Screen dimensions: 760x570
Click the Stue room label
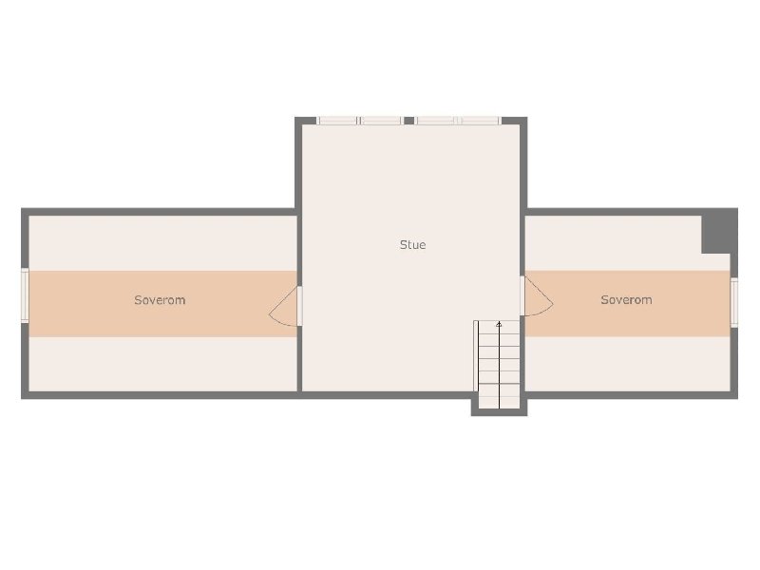412,245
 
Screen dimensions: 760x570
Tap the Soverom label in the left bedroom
160,300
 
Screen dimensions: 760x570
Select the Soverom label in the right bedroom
626,299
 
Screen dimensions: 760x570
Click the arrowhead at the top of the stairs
500,324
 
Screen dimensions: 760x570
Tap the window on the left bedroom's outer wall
25,294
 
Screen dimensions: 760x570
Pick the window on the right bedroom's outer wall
733,302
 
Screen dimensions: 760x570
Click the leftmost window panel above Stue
338,121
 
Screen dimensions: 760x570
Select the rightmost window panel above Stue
479,121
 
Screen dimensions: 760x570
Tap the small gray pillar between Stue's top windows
409,121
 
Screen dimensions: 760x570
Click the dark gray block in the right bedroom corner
720,231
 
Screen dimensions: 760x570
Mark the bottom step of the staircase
500,403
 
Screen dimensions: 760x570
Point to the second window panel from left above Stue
381,121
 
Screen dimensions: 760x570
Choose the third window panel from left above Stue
435,121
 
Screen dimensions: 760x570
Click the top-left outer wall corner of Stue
295,117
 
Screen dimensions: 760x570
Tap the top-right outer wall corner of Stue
527,117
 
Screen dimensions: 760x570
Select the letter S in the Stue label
403,245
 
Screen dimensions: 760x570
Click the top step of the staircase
500,327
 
